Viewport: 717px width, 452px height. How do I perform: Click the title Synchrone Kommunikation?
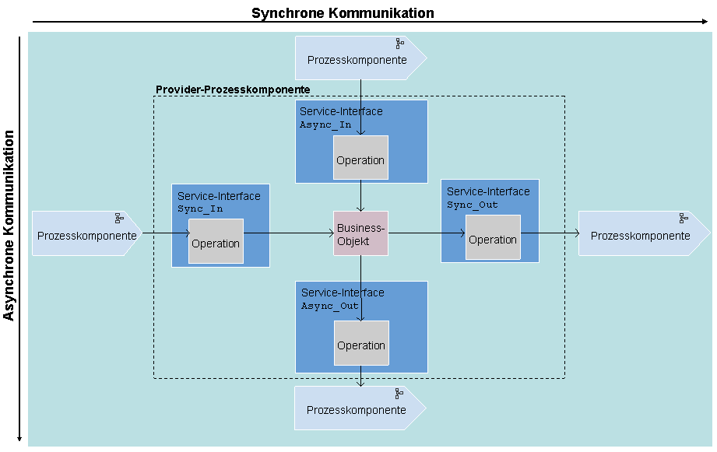point(343,13)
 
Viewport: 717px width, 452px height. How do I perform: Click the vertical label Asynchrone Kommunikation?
point(9,225)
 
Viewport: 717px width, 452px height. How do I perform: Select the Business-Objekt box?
point(360,233)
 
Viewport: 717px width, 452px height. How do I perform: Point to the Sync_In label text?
point(200,209)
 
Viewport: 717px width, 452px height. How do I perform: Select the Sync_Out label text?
point(473,205)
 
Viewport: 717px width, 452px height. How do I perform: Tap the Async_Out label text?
point(330,306)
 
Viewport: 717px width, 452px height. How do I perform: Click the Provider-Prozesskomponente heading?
point(233,89)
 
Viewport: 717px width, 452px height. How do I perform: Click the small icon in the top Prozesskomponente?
point(400,44)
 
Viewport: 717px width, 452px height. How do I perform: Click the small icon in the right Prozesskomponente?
point(684,219)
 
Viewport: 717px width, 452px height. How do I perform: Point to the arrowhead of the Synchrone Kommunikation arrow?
point(705,23)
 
